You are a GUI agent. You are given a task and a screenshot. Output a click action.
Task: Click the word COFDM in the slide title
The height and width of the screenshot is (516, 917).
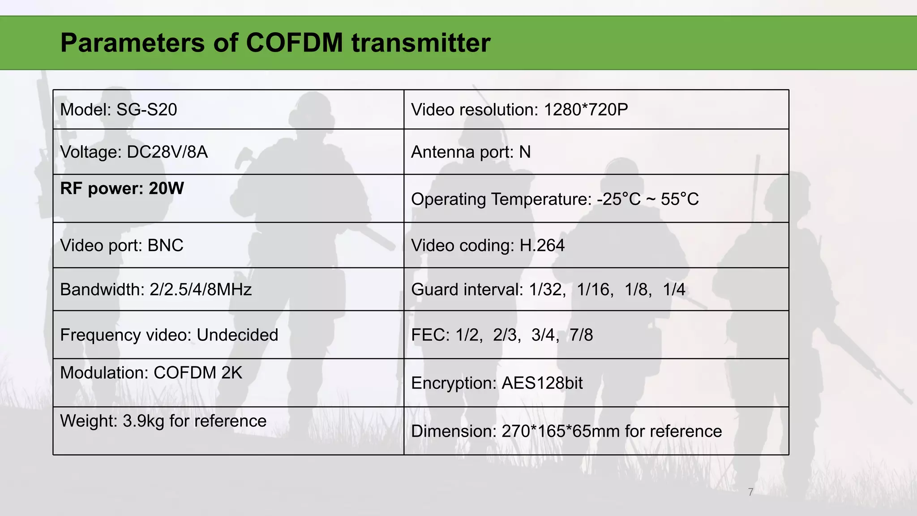click(295, 43)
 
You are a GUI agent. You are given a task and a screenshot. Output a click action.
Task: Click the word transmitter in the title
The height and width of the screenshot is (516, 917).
click(421, 43)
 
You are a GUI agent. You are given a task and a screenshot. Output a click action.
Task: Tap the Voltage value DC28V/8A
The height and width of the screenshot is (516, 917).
click(167, 152)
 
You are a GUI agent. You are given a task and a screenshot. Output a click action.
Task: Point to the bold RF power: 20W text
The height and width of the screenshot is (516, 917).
click(122, 189)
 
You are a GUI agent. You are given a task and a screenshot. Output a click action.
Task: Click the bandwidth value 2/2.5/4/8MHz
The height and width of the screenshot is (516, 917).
click(201, 290)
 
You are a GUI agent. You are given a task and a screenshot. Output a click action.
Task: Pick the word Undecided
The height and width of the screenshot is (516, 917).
click(237, 335)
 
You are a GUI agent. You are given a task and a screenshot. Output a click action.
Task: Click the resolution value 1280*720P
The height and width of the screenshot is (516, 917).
click(586, 110)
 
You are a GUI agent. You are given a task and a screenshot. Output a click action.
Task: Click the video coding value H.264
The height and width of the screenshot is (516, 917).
click(542, 245)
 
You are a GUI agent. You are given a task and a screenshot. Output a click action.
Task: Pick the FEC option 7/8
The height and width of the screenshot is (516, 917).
click(581, 335)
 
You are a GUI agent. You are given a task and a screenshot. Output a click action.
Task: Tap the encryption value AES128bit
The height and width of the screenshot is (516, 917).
click(542, 383)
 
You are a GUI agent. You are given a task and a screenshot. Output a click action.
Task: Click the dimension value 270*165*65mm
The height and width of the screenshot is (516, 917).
click(560, 431)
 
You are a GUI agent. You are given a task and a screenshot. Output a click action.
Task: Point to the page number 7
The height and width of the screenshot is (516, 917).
click(750, 492)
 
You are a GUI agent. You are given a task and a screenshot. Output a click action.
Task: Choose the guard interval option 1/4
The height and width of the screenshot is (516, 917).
click(674, 290)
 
